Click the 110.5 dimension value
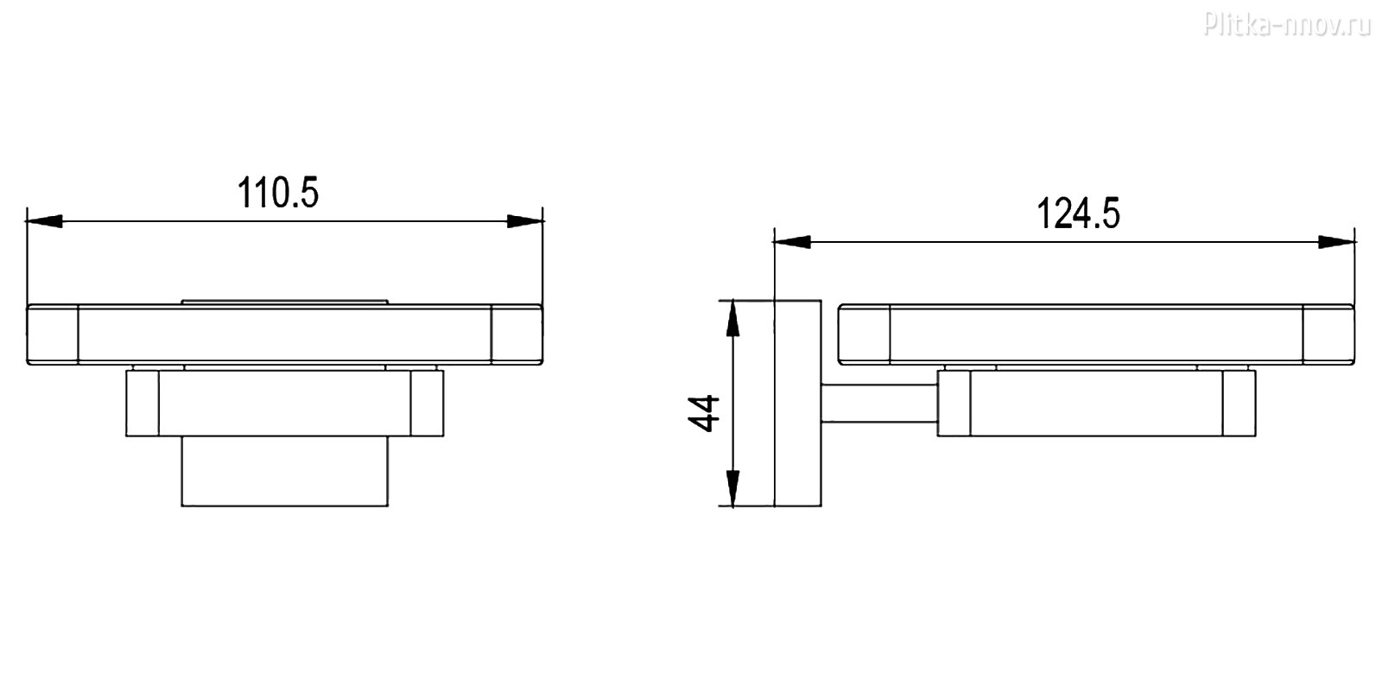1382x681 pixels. click(x=278, y=193)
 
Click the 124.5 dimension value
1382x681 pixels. click(x=1078, y=213)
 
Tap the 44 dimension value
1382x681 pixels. click(x=704, y=413)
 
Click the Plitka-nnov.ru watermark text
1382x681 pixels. click(x=1287, y=25)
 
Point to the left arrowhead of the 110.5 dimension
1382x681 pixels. click(x=44, y=221)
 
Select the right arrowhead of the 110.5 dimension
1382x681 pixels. click(x=525, y=221)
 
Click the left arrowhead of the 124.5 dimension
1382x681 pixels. click(x=792, y=242)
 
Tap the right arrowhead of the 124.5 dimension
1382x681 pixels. click(x=1336, y=242)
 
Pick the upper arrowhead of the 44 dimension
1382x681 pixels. click(x=732, y=319)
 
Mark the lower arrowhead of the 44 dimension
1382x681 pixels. click(x=732, y=488)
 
